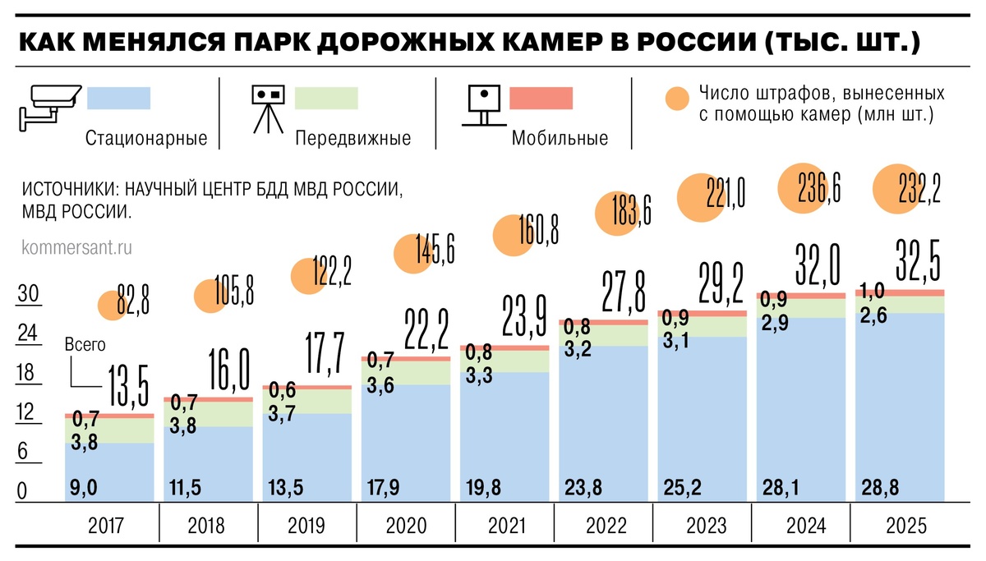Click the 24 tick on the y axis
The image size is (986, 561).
28,335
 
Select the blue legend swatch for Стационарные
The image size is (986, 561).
118,99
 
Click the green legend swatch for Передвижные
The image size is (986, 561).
326,99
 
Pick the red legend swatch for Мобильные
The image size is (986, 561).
541,99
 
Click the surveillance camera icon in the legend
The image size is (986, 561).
49,104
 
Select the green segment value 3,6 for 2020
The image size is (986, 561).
380,382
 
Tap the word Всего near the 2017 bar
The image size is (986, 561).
85,346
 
